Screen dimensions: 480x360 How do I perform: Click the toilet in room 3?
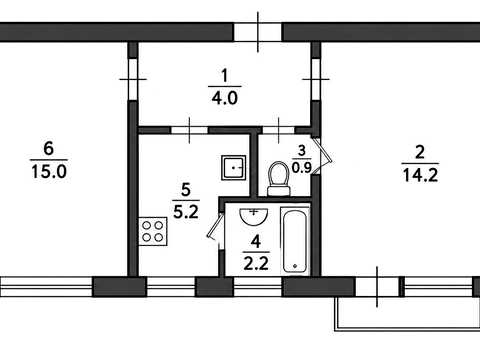279,179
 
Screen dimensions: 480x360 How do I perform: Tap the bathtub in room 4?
295,239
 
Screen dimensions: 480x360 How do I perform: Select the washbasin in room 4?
254,216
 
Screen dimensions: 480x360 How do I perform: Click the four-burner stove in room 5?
153,231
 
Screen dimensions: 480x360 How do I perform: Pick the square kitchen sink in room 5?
233,168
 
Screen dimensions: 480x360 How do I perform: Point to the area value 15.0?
49,172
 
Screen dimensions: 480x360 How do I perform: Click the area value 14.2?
420,175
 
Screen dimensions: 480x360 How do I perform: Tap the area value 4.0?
225,98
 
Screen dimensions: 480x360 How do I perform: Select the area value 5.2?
186,211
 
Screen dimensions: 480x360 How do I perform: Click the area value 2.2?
256,264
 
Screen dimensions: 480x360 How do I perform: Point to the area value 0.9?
301,168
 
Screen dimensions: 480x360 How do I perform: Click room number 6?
49,148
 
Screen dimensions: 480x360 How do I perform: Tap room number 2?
420,152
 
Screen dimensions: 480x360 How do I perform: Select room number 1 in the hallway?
224,75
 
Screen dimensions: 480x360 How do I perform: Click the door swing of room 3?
323,155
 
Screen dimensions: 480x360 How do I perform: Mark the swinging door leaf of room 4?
215,226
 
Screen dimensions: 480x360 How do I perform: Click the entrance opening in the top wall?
258,32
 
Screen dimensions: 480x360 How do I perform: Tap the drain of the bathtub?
295,266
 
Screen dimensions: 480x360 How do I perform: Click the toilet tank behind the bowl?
279,191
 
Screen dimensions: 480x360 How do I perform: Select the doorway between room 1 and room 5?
189,130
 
